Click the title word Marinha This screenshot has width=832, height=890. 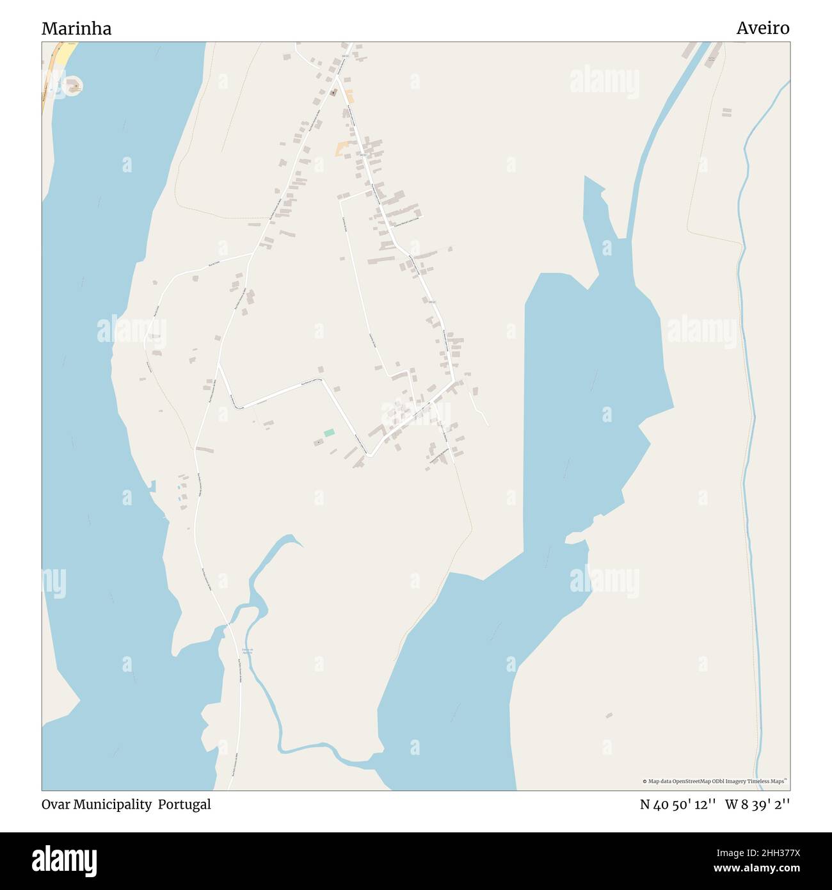[x=76, y=28]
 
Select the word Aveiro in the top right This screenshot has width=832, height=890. [x=762, y=28]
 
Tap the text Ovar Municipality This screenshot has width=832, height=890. [x=96, y=804]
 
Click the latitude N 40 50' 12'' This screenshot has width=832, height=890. [x=678, y=805]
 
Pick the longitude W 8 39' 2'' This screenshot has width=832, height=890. [x=757, y=805]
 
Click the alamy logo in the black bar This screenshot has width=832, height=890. [x=65, y=859]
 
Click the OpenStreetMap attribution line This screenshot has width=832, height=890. [x=714, y=781]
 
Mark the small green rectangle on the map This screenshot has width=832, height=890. [x=329, y=433]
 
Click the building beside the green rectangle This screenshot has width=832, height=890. [x=318, y=442]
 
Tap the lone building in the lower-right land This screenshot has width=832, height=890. [x=609, y=715]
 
